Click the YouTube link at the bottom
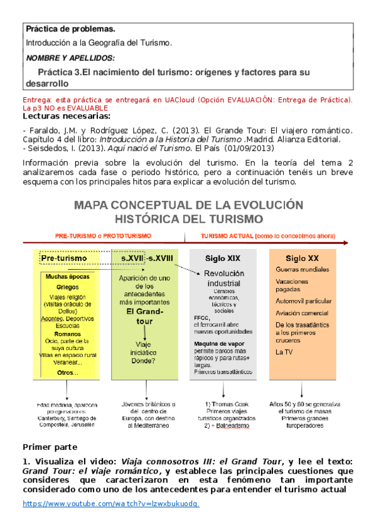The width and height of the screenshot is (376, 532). (x=111, y=504)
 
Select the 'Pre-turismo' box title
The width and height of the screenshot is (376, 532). (x=65, y=258)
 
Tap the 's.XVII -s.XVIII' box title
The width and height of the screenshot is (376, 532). (x=151, y=258)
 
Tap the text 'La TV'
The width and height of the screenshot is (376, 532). (x=284, y=353)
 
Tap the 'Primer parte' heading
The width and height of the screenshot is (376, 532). (x=50, y=447)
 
